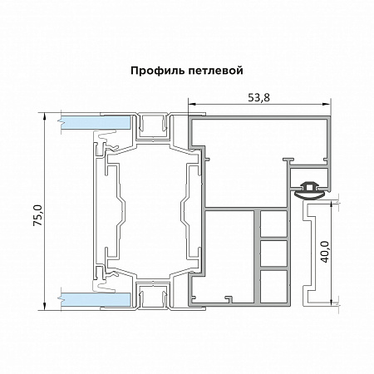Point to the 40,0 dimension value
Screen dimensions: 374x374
click(326, 251)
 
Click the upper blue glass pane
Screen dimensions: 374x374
click(95, 123)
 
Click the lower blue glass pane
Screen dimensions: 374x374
click(95, 297)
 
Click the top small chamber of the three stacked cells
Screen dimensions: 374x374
click(273, 224)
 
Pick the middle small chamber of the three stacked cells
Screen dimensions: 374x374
click(273, 252)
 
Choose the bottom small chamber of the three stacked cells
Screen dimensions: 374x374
click(273, 280)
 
